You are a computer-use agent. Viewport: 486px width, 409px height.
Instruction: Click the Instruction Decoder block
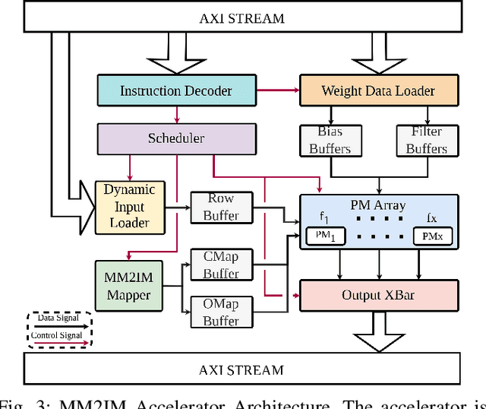point(175,90)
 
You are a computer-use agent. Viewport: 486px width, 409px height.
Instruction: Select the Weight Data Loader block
point(378,90)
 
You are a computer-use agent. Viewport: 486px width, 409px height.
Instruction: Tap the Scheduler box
point(175,138)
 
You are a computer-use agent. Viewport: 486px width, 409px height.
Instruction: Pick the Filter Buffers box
point(426,140)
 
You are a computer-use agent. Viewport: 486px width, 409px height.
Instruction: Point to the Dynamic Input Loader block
point(129,205)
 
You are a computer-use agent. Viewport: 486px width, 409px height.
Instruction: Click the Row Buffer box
point(220,207)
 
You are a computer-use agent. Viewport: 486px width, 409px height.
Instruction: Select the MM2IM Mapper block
point(128,285)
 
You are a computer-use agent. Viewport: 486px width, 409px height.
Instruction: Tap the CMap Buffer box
point(220,265)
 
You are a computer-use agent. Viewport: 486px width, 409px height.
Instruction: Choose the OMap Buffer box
point(220,312)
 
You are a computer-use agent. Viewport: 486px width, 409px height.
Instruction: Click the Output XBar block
point(379,294)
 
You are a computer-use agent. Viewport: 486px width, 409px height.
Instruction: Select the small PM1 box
point(325,236)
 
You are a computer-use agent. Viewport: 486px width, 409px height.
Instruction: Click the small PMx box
point(432,236)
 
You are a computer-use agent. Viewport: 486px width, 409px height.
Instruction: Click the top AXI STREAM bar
point(242,16)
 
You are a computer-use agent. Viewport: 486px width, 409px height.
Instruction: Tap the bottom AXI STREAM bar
point(242,370)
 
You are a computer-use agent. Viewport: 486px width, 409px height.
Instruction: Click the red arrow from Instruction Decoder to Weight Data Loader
point(277,90)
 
